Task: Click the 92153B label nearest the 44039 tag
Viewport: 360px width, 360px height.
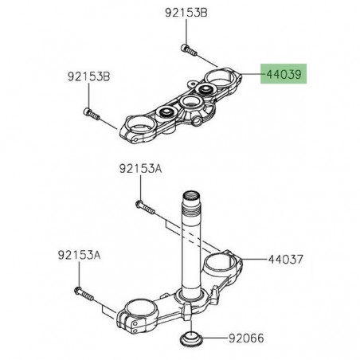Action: [186, 13]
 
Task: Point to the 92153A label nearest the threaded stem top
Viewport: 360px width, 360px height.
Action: [140, 170]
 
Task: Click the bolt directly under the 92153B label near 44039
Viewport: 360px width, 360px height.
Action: [187, 50]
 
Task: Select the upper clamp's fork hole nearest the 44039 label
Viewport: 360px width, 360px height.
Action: [219, 80]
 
